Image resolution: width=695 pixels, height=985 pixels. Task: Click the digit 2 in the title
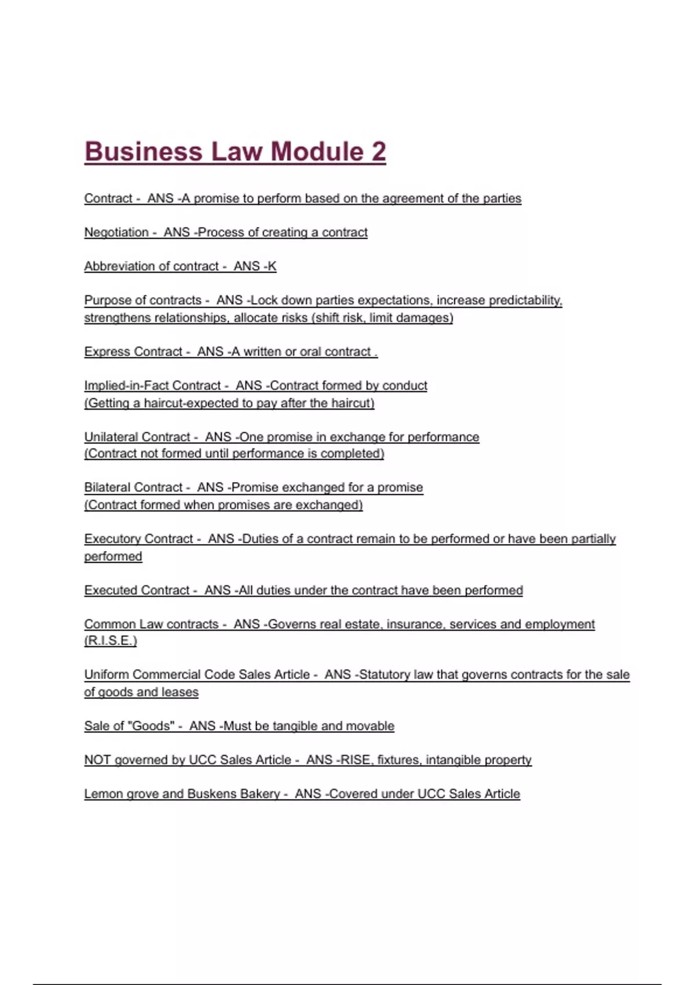[378, 152]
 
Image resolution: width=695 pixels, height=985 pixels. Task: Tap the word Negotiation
[116, 232]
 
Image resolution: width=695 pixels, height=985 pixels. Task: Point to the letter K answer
[272, 267]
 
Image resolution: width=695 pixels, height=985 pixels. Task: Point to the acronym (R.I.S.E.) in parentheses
[111, 641]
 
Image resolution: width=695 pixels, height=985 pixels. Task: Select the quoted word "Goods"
[153, 726]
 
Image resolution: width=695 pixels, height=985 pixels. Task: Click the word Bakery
[259, 794]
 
